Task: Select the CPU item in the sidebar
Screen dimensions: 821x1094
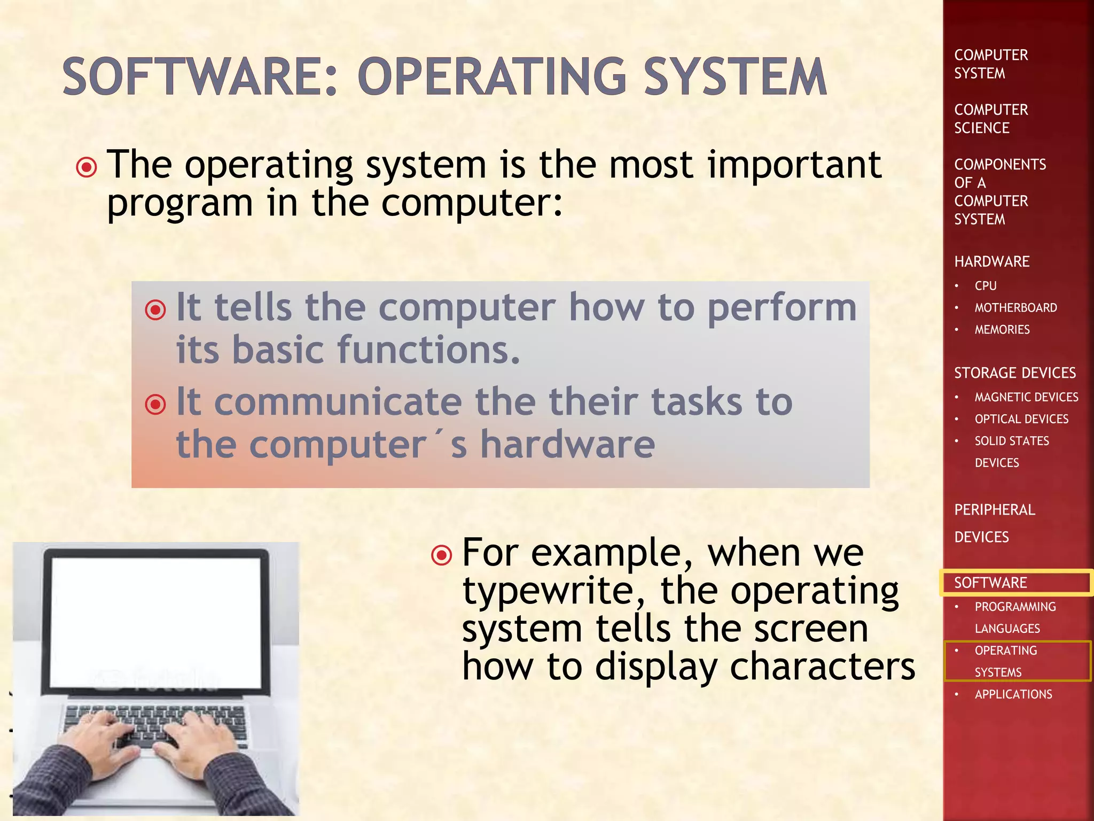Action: (986, 286)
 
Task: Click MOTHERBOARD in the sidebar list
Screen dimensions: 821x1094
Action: (1015, 308)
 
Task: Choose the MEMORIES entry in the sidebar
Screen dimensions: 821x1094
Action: (1002, 330)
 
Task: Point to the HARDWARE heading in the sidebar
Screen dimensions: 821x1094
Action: (992, 261)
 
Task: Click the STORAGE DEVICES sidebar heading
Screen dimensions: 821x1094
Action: (1015, 373)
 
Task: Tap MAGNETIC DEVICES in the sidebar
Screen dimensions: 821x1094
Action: (1026, 397)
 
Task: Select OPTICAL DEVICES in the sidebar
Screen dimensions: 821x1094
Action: (1021, 419)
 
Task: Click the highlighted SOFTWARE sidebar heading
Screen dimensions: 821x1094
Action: (990, 583)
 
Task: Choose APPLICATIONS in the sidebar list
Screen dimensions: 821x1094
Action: (1013, 694)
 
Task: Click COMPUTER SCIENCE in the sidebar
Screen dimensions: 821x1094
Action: (991, 119)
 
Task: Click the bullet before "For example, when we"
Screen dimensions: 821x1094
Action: (442, 555)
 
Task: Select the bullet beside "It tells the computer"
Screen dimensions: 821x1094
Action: (155, 309)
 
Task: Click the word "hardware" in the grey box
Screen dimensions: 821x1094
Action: (567, 445)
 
